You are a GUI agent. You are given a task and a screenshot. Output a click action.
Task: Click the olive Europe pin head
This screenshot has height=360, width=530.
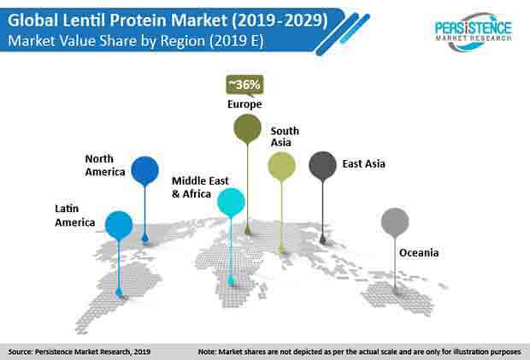tap(247, 128)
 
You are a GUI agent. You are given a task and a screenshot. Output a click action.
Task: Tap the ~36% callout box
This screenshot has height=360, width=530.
tap(244, 85)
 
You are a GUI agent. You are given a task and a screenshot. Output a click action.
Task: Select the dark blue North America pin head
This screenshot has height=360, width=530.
tap(144, 170)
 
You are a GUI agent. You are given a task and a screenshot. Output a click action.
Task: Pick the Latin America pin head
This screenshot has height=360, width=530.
tap(119, 225)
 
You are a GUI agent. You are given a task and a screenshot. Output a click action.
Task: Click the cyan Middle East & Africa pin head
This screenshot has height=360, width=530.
tap(231, 203)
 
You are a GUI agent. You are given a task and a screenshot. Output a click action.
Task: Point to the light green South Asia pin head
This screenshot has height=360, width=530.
tap(281, 166)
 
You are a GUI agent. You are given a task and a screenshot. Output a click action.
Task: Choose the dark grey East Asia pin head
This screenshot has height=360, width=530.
tap(322, 165)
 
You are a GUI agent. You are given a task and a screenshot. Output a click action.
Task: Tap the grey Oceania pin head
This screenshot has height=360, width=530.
tap(395, 221)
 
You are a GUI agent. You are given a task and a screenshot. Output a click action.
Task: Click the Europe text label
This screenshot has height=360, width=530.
tap(244, 104)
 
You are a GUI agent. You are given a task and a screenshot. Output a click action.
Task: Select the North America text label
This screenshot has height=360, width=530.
tap(105, 165)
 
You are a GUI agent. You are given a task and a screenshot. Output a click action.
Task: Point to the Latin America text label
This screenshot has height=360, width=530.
tap(74, 215)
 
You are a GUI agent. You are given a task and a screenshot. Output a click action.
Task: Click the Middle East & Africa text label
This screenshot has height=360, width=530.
tap(200, 187)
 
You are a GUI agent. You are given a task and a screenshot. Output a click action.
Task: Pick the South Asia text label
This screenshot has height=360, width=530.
tap(285, 137)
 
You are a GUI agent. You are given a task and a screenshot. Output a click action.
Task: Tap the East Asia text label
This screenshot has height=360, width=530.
tap(363, 164)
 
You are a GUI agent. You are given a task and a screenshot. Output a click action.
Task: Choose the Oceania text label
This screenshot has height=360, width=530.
tap(419, 253)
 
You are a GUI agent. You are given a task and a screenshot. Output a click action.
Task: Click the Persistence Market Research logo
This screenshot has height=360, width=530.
tap(474, 32)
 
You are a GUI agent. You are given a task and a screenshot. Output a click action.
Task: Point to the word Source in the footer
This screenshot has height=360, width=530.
tap(21, 352)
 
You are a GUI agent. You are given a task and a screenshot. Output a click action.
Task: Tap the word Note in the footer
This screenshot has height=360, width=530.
tap(207, 352)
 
